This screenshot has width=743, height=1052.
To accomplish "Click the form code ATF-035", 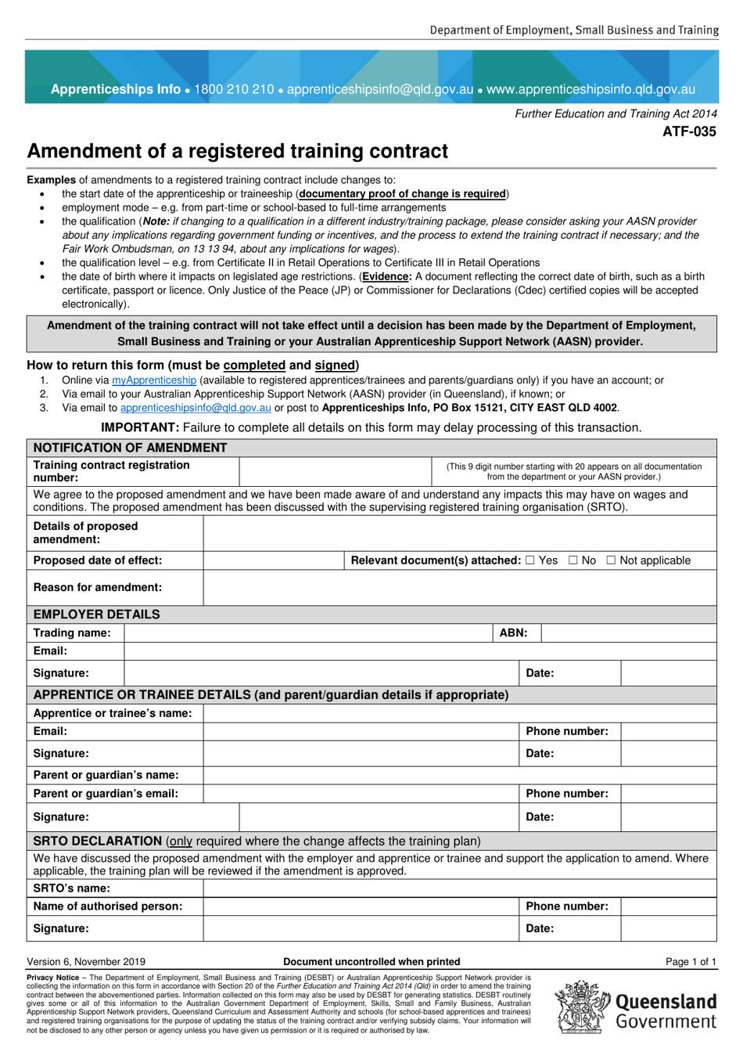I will pyautogui.click(x=689, y=131).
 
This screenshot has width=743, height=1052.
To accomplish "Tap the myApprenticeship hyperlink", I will pyautogui.click(x=154, y=380).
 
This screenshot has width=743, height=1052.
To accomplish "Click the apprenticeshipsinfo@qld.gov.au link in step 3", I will pyautogui.click(x=196, y=408).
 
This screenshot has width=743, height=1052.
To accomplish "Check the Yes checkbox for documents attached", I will pyautogui.click(x=530, y=560).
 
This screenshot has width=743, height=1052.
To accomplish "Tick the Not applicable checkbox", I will pyautogui.click(x=611, y=560).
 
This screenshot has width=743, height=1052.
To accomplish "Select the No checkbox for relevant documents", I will pyautogui.click(x=573, y=560).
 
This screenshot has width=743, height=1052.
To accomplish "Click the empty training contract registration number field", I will pyautogui.click(x=335, y=472).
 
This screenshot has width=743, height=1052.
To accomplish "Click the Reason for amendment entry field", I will pyautogui.click(x=459, y=588).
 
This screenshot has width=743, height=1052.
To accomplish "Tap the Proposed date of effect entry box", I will pyautogui.click(x=273, y=560).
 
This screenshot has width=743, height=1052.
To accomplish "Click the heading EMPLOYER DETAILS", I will pyautogui.click(x=96, y=614).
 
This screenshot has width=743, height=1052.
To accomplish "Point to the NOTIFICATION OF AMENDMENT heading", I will pyautogui.click(x=130, y=448).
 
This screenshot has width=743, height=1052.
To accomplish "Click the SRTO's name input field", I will pyautogui.click(x=459, y=888).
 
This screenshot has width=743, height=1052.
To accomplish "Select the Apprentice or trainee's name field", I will pyautogui.click(x=459, y=713).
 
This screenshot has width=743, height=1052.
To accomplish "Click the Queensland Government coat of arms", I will pyautogui.click(x=583, y=1007).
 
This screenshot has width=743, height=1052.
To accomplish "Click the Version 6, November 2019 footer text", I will pyautogui.click(x=86, y=962).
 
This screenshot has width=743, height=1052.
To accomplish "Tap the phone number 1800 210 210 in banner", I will pyautogui.click(x=234, y=89).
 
